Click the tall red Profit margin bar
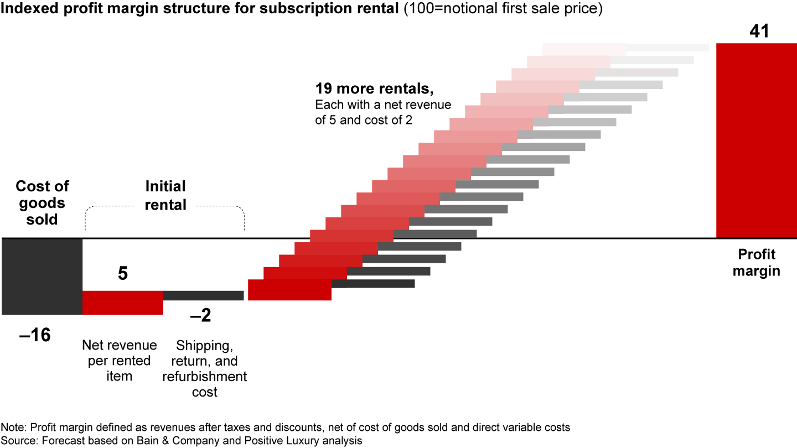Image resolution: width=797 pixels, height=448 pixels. tap(756, 140)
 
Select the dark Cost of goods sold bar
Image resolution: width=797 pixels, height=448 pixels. tap(42, 276)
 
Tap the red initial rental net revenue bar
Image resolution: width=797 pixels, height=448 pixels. tap(123, 303)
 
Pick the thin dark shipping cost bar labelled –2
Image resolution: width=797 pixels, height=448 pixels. tap(203, 295)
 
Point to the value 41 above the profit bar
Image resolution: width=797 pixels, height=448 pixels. tap(759, 31)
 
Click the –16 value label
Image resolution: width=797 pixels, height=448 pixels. tap(34, 335)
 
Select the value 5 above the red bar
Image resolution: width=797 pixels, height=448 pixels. tap(123, 273)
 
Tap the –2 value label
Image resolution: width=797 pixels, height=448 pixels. tap(200, 316)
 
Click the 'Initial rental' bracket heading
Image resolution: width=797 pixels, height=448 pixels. tap(165, 195)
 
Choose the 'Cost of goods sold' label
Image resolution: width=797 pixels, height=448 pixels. tap(42, 202)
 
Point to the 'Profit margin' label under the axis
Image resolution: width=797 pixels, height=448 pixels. tap(757, 263)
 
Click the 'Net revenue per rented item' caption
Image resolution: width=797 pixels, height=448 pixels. tap(120, 361)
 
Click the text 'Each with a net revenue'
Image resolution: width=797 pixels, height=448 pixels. tap(383, 105)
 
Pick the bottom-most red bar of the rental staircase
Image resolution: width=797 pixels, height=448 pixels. tap(289, 290)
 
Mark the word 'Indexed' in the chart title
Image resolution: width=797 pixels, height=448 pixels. tap(28, 9)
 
